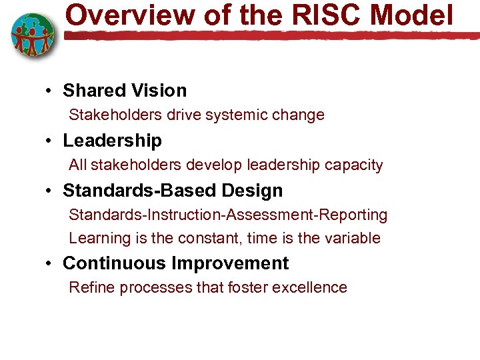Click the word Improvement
click(x=230, y=263)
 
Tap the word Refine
click(x=90, y=287)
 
